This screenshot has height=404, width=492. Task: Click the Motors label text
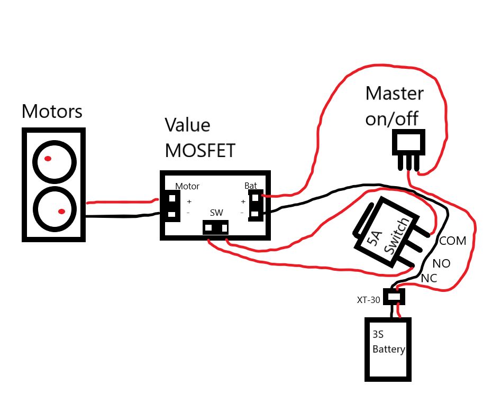click(52, 112)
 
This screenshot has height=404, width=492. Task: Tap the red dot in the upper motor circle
click(48, 159)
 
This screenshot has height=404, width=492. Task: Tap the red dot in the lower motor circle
click(61, 212)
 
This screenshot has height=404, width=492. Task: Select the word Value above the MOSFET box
click(187, 126)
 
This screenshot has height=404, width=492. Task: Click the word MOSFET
click(200, 150)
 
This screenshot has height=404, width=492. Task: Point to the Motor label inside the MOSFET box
click(187, 186)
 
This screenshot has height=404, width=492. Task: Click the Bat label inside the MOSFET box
click(250, 186)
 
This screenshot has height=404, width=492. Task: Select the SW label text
click(216, 213)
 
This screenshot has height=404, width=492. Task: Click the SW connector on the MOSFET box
click(216, 228)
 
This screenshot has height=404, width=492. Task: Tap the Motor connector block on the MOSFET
click(171, 206)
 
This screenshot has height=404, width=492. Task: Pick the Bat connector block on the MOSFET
click(256, 206)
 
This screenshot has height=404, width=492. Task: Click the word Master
click(394, 94)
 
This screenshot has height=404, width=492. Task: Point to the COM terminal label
click(453, 241)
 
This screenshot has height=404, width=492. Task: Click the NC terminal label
click(429, 278)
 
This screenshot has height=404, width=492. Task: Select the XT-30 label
click(368, 300)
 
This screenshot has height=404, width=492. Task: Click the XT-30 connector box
click(394, 297)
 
